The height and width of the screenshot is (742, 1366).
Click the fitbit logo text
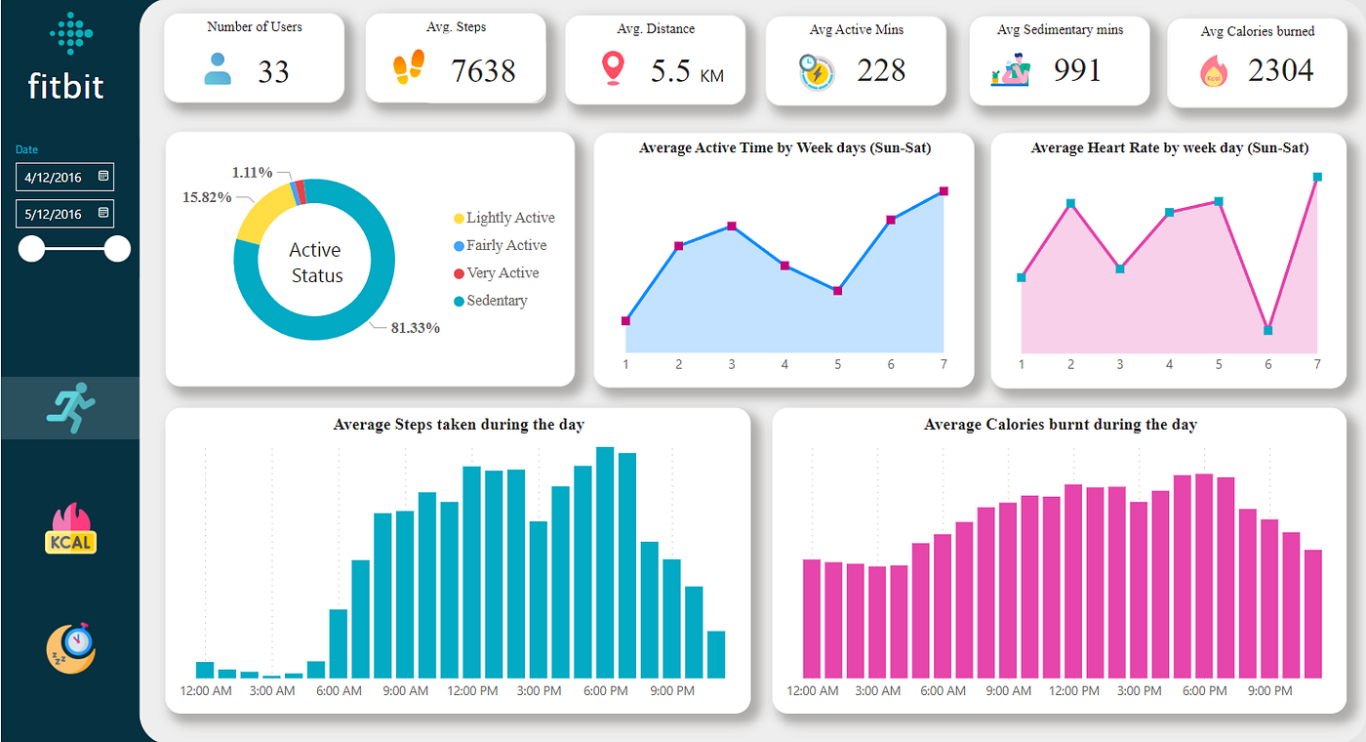click(x=66, y=86)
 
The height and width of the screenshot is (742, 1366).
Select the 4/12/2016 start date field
click(x=55, y=178)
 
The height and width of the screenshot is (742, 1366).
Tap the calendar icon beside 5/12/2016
click(x=103, y=213)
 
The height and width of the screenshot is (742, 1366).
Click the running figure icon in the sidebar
click(x=70, y=407)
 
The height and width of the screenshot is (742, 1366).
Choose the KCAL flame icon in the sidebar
click(x=70, y=530)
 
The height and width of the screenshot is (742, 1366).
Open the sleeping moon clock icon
click(x=70, y=648)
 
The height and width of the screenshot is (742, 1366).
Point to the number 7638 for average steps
click(x=483, y=70)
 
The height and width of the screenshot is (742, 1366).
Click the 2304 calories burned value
click(x=1280, y=70)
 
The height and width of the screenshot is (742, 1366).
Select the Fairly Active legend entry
click(x=505, y=245)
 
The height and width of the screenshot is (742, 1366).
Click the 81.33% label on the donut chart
click(x=415, y=328)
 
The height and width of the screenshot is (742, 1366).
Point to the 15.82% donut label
click(x=207, y=197)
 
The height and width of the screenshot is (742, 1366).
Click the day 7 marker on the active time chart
click(x=944, y=191)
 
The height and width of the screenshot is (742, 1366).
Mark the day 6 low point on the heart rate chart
click(x=1267, y=330)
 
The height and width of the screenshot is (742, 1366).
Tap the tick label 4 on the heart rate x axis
click(x=1169, y=364)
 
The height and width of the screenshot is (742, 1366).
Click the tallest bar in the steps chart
click(x=605, y=562)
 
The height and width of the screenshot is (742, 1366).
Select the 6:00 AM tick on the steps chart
click(x=339, y=690)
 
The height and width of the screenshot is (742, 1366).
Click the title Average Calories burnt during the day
click(x=1060, y=425)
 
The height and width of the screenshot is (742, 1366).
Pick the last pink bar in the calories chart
click(x=1312, y=613)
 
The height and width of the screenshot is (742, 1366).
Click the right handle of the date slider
click(x=117, y=249)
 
